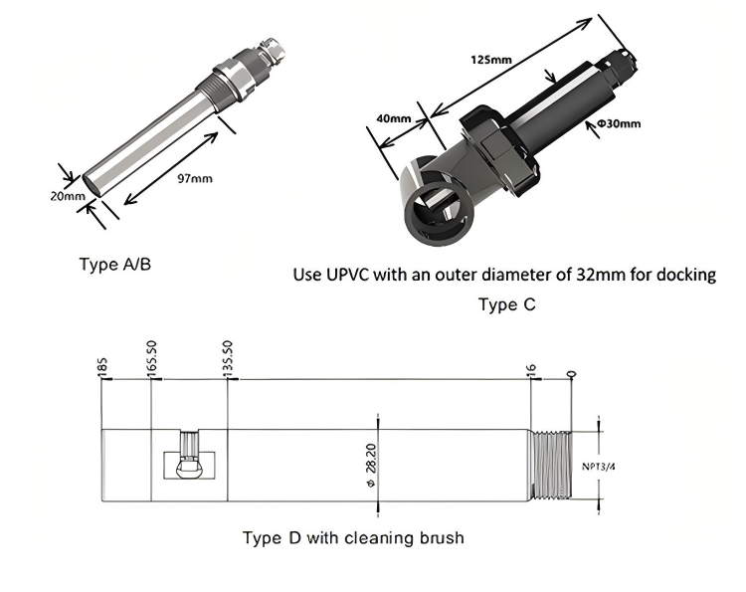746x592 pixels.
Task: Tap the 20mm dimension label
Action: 68,196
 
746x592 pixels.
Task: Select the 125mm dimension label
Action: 491,60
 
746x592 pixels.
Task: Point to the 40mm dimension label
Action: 394,118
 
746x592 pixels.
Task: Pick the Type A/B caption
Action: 115,265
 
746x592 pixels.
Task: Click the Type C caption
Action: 506,304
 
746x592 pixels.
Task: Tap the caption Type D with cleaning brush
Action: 353,538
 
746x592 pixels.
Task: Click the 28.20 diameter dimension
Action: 372,465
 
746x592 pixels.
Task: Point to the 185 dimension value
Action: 103,367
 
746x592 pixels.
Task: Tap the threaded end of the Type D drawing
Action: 555,464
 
